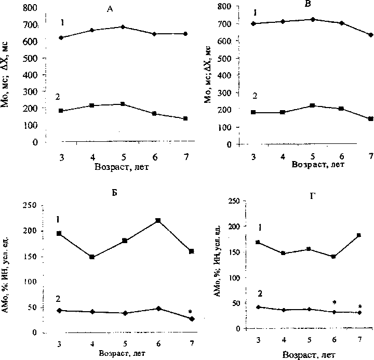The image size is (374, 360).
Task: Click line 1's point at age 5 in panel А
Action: tap(123, 26)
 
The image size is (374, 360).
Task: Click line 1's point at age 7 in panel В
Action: tap(370, 35)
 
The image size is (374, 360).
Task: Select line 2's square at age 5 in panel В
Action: tap(312, 105)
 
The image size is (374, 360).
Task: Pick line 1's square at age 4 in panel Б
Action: tap(92, 257)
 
